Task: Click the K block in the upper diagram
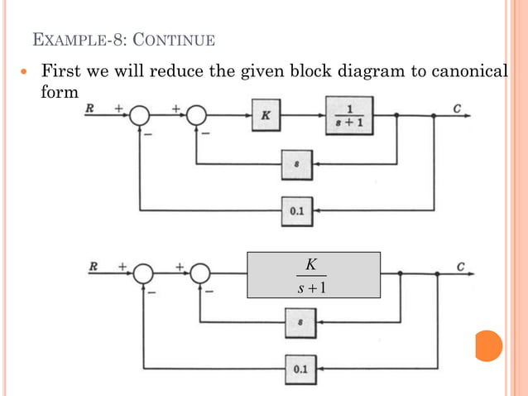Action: click(x=265, y=117)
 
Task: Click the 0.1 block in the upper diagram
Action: click(x=296, y=211)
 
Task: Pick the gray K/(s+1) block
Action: click(x=314, y=275)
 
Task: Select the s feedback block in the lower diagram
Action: click(x=299, y=320)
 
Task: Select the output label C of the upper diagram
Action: click(x=458, y=108)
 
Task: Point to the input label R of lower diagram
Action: click(x=94, y=267)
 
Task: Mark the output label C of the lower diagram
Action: click(x=460, y=267)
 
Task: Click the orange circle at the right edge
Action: click(x=488, y=345)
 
